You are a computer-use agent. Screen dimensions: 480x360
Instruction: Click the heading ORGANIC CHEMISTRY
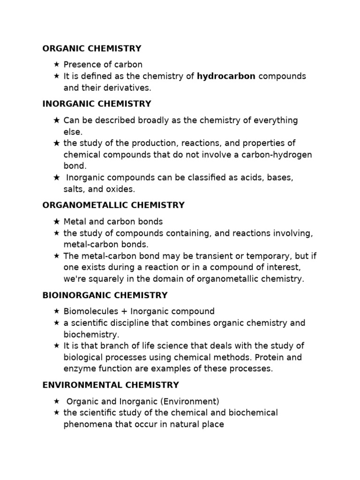(x=92, y=48)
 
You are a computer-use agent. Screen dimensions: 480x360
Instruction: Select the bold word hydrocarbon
(x=226, y=76)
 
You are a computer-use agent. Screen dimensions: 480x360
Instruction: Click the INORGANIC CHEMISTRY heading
(x=97, y=104)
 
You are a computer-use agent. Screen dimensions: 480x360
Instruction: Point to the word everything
(x=276, y=120)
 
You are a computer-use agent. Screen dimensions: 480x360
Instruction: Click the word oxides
(x=120, y=189)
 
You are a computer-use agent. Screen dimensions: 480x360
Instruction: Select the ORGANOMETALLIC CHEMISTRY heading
(x=113, y=205)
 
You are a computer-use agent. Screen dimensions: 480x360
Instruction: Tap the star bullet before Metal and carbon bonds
(x=56, y=221)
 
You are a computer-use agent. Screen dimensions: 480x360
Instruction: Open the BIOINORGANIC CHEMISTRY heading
(x=105, y=295)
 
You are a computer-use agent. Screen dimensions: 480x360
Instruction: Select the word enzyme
(x=78, y=369)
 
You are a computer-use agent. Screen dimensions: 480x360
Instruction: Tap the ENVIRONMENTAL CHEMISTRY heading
(x=111, y=385)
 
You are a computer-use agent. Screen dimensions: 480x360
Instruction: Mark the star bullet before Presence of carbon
(x=56, y=64)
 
